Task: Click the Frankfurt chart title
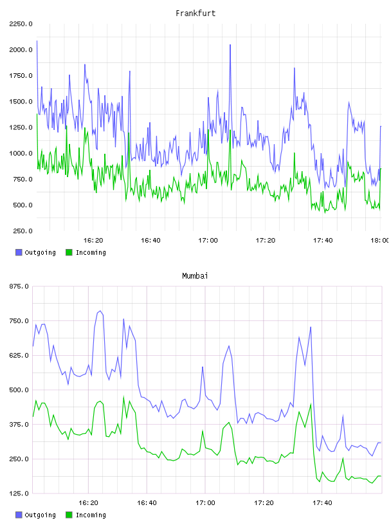(x=195, y=14)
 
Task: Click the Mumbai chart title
(x=195, y=276)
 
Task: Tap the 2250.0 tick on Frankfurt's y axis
(x=21, y=24)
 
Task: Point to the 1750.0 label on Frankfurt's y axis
(x=21, y=76)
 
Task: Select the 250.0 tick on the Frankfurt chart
(x=23, y=231)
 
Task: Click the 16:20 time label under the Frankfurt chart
(x=93, y=241)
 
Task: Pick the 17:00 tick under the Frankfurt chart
(x=208, y=241)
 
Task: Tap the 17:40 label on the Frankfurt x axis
(x=323, y=241)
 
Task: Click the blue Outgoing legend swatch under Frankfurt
(x=19, y=252)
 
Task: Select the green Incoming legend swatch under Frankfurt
(x=69, y=252)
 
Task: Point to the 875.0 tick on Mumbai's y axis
(x=19, y=286)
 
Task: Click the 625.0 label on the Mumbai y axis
(x=19, y=356)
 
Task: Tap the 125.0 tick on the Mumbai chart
(x=19, y=493)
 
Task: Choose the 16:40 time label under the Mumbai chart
(x=147, y=503)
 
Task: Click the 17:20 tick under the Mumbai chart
(x=264, y=503)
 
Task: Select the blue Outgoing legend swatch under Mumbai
(x=19, y=515)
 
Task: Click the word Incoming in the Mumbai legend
(x=91, y=515)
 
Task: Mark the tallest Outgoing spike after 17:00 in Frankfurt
(x=230, y=45)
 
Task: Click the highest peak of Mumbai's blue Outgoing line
(x=100, y=311)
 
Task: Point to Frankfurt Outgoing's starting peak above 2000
(x=37, y=41)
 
